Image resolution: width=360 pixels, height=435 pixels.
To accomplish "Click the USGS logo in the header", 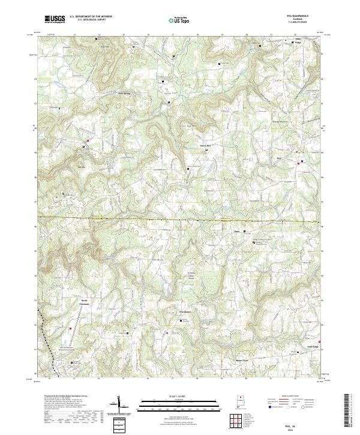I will [55, 19].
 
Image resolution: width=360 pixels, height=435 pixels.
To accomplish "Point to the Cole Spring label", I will [124, 94].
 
